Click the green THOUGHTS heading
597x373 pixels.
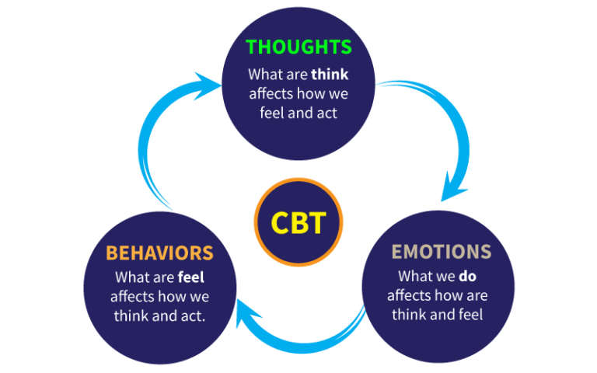[x=298, y=47]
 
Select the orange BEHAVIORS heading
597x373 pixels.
[x=159, y=253]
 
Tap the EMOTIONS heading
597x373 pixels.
[x=442, y=252]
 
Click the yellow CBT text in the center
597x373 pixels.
[x=298, y=223]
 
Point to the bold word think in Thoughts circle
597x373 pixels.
[x=330, y=75]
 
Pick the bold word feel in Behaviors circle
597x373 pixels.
[x=190, y=277]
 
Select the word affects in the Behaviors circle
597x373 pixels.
[x=132, y=296]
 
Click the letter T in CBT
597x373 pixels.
[x=316, y=223]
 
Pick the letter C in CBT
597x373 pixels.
[x=280, y=223]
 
